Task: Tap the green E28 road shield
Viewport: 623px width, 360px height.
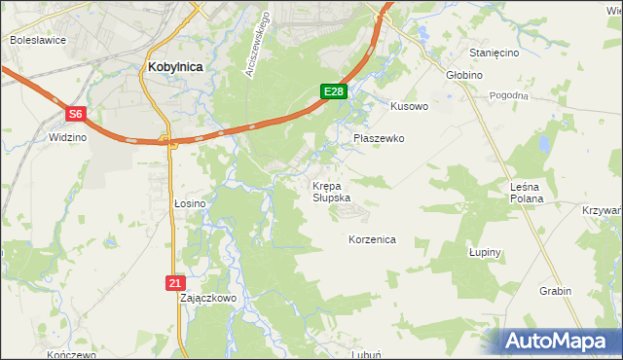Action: coord(333,91)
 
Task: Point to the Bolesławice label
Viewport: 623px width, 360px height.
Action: coord(36,40)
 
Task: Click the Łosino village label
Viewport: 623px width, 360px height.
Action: coord(190,203)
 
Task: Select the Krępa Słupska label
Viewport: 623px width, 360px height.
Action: coord(327,191)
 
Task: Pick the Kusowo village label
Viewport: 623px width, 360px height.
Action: coord(409,106)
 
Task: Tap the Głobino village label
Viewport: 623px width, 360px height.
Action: coord(465,74)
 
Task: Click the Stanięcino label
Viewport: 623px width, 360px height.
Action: coord(494,52)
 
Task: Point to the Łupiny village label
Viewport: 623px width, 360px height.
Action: coord(484,252)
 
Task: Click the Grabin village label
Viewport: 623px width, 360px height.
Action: coord(555,291)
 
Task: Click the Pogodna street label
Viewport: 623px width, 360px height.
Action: coord(509,95)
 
